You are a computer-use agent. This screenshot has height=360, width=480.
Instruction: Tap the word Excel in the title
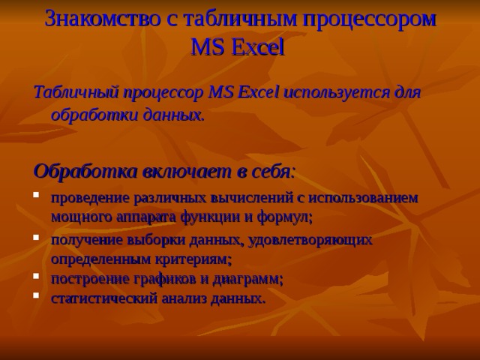coord(258,48)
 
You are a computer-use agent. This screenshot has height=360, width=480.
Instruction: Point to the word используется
coord(334,93)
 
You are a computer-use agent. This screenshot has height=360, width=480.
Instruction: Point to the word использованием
coord(365,198)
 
